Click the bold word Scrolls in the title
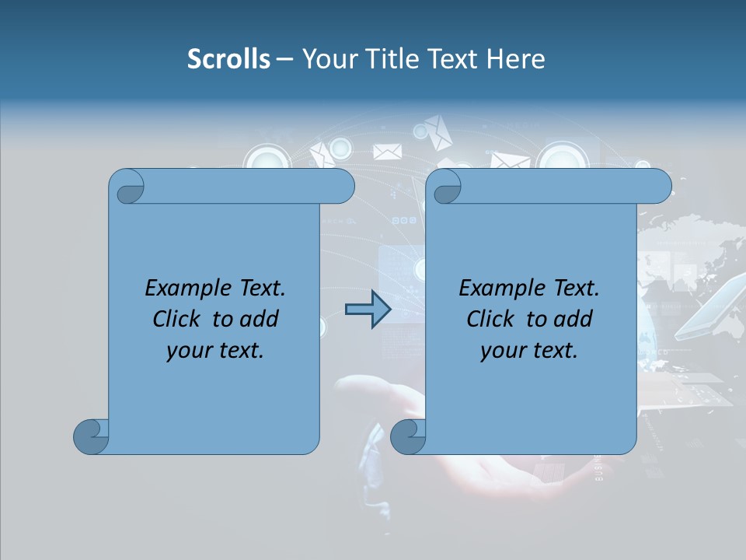point(228,59)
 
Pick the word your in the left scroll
point(188,351)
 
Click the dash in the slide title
point(284,59)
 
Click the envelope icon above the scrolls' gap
point(387,152)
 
